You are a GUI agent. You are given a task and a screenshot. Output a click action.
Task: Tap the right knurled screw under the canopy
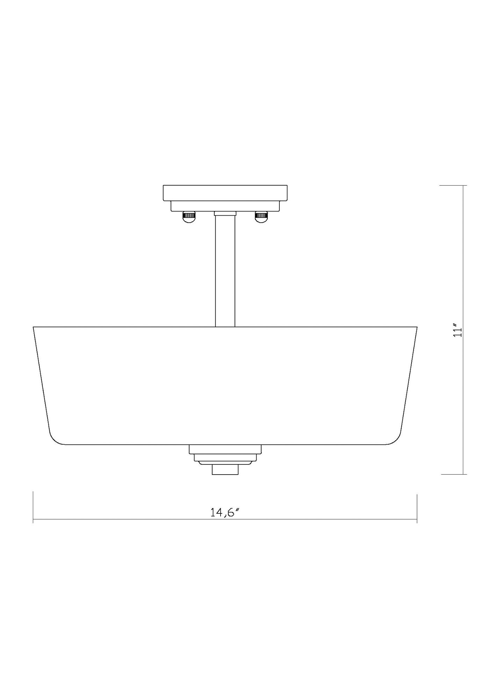[x=261, y=217]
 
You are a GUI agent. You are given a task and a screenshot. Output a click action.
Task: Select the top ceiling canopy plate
[x=225, y=193]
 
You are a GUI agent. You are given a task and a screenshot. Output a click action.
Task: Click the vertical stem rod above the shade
[x=225, y=271]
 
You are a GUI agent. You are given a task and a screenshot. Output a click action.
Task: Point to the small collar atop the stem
[x=225, y=213]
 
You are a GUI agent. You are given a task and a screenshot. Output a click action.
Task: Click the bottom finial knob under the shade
[x=225, y=469]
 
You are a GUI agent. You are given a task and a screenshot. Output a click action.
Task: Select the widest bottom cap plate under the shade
[x=225, y=449]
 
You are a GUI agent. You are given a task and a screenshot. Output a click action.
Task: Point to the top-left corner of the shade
[x=34, y=327]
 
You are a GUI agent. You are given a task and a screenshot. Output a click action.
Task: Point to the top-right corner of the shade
[x=417, y=327]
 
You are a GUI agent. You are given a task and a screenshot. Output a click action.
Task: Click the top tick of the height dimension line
[x=453, y=185]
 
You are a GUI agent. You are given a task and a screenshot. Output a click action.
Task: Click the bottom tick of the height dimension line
[x=453, y=474]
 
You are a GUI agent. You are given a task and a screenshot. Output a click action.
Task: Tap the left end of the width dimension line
[x=33, y=519]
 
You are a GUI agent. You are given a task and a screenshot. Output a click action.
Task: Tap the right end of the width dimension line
[x=417, y=519]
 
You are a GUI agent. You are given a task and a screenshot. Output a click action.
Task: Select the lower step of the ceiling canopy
[x=225, y=206]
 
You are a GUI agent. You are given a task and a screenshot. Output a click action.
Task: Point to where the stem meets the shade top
[x=225, y=326]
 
